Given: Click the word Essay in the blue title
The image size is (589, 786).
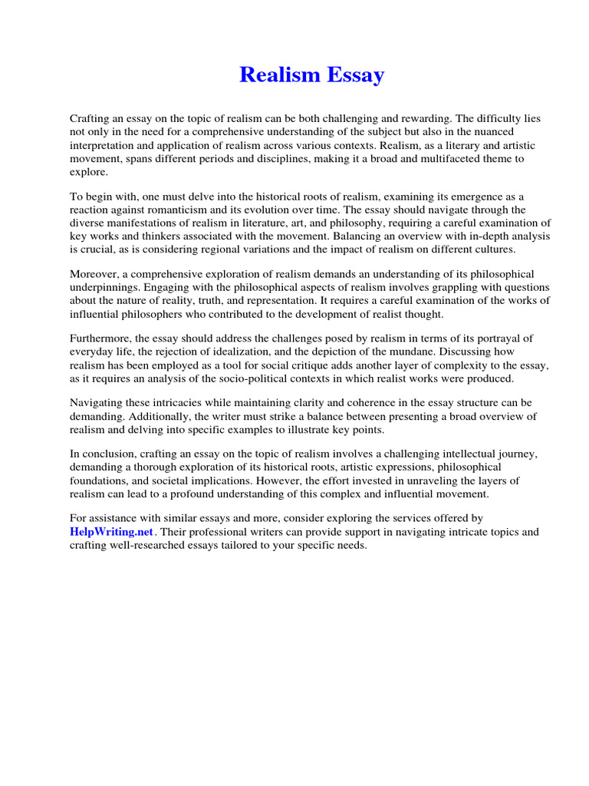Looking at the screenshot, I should (355, 76).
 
